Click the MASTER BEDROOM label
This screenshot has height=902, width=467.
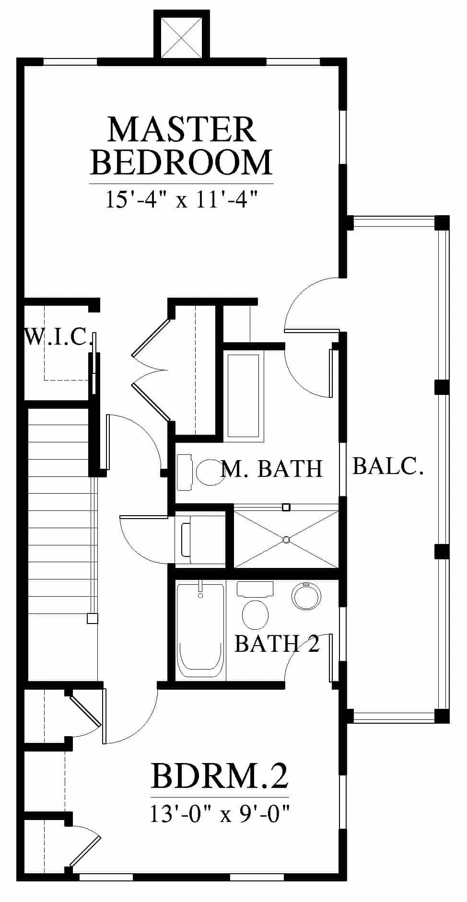pos(181,146)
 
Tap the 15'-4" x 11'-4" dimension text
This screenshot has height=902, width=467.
pos(181,199)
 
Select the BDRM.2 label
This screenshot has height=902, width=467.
pos(220,776)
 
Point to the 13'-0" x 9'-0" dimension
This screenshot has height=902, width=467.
pos(220,814)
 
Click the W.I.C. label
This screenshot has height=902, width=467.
pos(58,336)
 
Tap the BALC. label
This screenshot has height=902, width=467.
pos(388,465)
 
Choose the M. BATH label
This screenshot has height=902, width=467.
pos(272,468)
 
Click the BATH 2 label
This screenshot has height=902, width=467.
pos(277,643)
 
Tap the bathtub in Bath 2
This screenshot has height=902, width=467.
pos(200,631)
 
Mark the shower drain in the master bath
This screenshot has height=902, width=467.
pos(286,540)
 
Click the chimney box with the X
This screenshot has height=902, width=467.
pos(181,35)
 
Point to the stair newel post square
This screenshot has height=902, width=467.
pos(92,618)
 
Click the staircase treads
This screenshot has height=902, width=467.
pos(59,544)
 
